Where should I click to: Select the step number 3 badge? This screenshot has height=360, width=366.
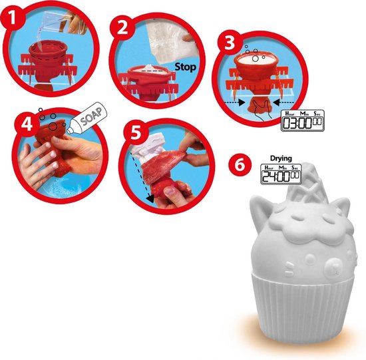click(x=228, y=43)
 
